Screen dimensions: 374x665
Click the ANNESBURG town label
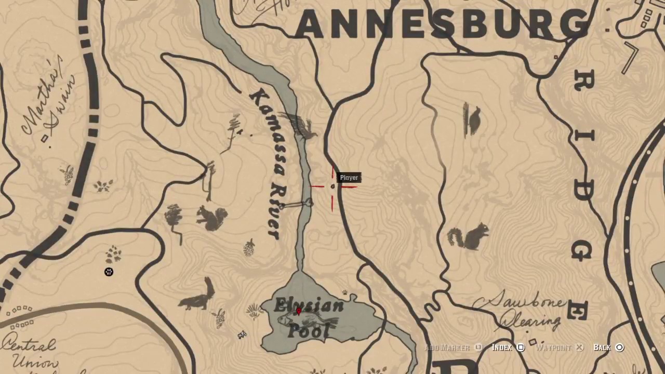(x=442, y=23)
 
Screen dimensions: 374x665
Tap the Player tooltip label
(x=349, y=178)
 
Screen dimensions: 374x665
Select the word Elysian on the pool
(x=309, y=305)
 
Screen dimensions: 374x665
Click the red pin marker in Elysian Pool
(x=298, y=311)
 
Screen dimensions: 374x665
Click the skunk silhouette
(x=198, y=296)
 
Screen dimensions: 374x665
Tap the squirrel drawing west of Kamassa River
(x=212, y=218)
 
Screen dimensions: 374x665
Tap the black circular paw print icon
(x=109, y=272)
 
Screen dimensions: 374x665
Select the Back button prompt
(x=608, y=348)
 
